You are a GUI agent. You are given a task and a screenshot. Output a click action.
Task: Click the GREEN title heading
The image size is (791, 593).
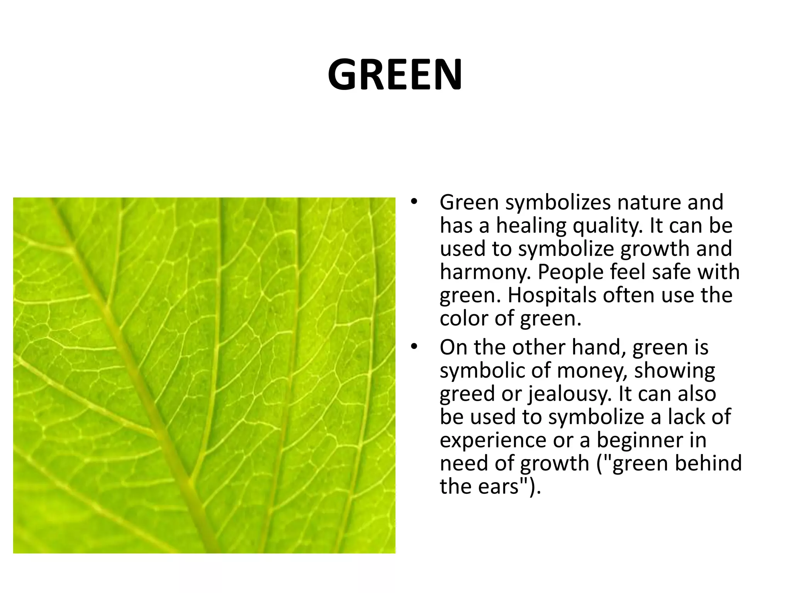point(395,75)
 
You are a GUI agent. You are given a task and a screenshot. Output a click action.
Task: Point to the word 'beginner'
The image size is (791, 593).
point(640,440)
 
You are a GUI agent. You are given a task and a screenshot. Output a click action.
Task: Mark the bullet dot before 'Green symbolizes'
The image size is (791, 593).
point(414,201)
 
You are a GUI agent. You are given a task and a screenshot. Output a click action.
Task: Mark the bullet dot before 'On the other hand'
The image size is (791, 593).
point(414,346)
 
